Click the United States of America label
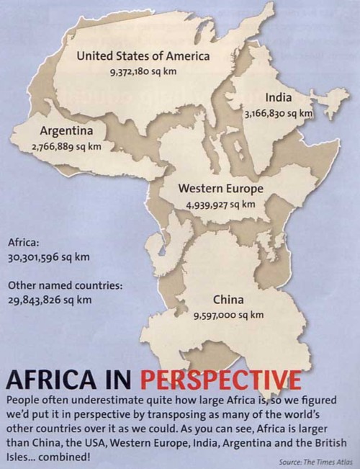pyautogui.click(x=143, y=56)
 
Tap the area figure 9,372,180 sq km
pyautogui.click(x=143, y=72)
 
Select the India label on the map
pyautogui.click(x=278, y=98)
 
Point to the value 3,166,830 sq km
pyautogui.click(x=279, y=113)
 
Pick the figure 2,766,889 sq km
pyautogui.click(x=66, y=146)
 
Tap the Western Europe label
pyautogui.click(x=220, y=189)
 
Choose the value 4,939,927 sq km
pyautogui.click(x=220, y=205)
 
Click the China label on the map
pyautogui.click(x=228, y=300)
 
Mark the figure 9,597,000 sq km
pyautogui.click(x=228, y=315)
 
